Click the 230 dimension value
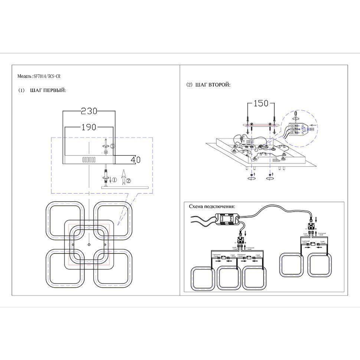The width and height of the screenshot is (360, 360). [x=89, y=111]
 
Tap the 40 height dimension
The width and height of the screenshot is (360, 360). [x=136, y=160]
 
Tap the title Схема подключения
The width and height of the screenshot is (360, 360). [x=212, y=207]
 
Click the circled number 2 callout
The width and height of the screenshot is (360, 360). [x=128, y=181]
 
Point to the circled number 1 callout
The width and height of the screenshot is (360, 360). [x=114, y=180]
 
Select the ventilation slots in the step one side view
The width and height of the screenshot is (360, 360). [x=88, y=160]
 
